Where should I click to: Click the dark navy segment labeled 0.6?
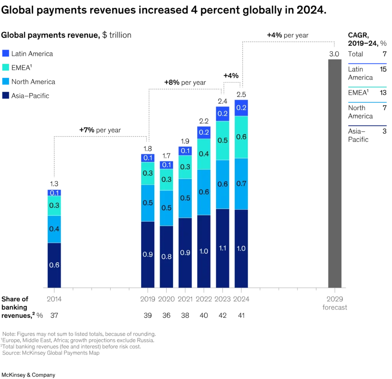[x=54, y=265]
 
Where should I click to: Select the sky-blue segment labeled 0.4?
[x=54, y=229]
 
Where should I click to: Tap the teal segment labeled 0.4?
[x=204, y=154]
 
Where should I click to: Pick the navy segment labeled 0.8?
[x=167, y=256]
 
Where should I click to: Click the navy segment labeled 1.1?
[x=222, y=248]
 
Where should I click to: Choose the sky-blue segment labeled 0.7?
[x=241, y=184]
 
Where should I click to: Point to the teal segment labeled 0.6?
[x=241, y=137]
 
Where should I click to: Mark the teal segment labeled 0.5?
[x=222, y=140]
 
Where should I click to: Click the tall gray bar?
[x=335, y=172]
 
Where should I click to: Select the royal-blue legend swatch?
[x=5, y=53]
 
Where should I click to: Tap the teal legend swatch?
[x=5, y=67]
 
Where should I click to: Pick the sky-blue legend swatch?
[x=5, y=81]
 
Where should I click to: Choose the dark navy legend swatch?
[x=5, y=95]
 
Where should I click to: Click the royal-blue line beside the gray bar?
[x=367, y=64]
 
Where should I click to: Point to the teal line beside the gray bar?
[x=367, y=87]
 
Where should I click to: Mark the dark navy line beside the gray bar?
[x=367, y=125]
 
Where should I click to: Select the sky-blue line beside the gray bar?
[x=367, y=103]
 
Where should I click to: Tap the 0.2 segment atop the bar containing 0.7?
[x=241, y=108]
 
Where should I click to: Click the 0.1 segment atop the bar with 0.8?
[x=167, y=165]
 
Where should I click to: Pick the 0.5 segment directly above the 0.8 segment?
[x=167, y=208]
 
